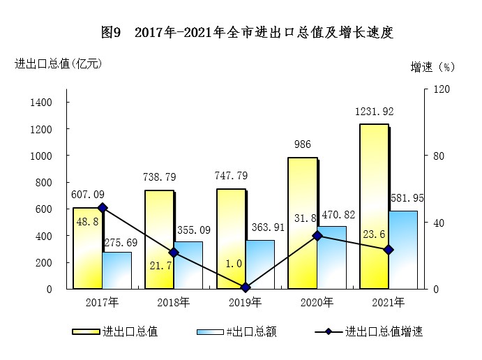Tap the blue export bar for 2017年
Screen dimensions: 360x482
116,270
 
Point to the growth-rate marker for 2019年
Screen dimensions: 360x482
246,287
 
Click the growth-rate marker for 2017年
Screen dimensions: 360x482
103,207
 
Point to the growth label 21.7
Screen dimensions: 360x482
159,265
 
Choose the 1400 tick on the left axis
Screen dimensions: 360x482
41,103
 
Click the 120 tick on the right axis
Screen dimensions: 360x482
441,89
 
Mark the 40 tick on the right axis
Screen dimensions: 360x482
439,223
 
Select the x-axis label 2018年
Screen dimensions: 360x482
174,303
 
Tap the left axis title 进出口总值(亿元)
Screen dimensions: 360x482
59,63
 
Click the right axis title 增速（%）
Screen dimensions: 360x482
432,67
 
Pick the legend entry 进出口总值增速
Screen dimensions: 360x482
384,332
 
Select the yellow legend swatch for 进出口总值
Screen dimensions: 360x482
86,332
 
